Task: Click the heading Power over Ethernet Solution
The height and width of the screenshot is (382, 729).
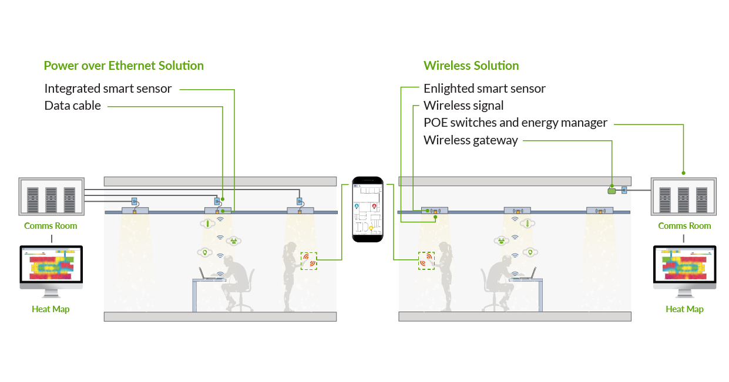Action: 123,66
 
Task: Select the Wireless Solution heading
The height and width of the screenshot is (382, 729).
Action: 471,66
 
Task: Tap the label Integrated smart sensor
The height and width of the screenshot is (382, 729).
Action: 108,89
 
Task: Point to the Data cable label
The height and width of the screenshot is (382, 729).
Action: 73,106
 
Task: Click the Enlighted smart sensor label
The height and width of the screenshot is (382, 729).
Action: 484,89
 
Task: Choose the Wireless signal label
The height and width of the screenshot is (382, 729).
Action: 463,106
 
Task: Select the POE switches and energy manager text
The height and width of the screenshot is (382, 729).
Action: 515,123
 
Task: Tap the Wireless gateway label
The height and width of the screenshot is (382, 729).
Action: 471,140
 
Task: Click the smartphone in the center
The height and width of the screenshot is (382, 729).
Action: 367,209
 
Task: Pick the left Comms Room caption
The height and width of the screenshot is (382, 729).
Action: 51,226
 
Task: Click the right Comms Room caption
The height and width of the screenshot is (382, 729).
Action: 684,226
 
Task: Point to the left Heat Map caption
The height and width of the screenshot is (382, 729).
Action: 51,309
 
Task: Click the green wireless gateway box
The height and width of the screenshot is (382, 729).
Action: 612,191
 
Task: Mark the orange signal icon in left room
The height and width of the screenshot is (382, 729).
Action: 309,261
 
